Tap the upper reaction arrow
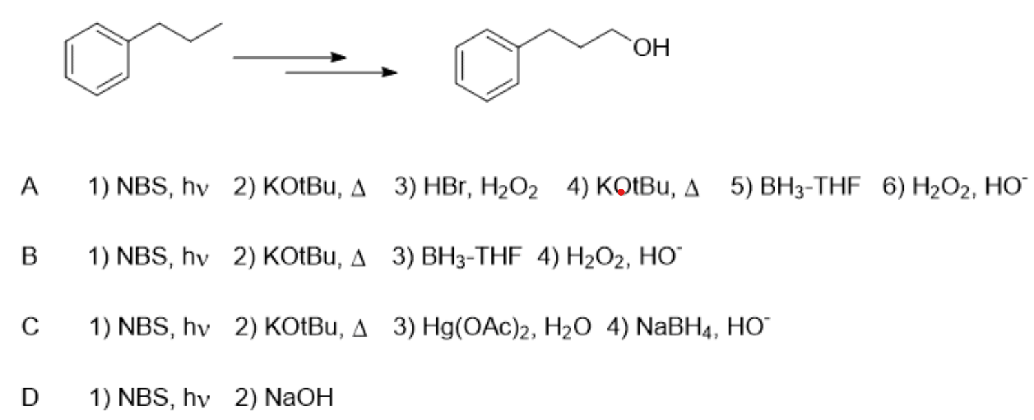click(289, 58)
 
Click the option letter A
click(29, 187)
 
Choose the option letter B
click(29, 258)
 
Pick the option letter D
click(30, 397)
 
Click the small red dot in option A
click(621, 193)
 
